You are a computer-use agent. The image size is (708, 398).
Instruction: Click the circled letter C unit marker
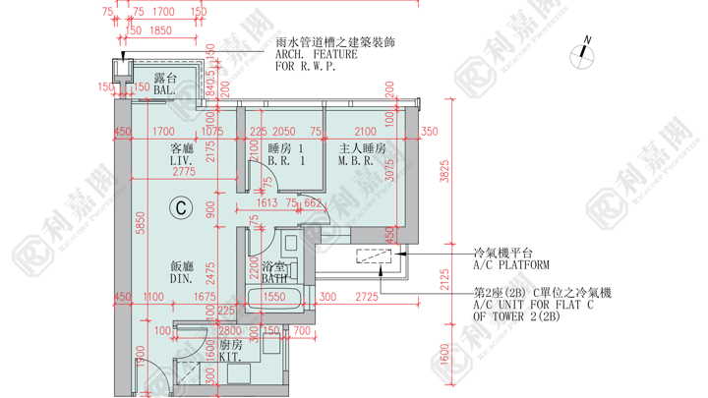(181, 207)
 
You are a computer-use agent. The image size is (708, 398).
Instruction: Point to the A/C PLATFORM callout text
(511, 265)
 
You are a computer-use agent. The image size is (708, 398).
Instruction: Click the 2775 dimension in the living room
(183, 172)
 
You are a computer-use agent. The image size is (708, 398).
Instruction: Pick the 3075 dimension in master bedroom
(389, 171)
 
